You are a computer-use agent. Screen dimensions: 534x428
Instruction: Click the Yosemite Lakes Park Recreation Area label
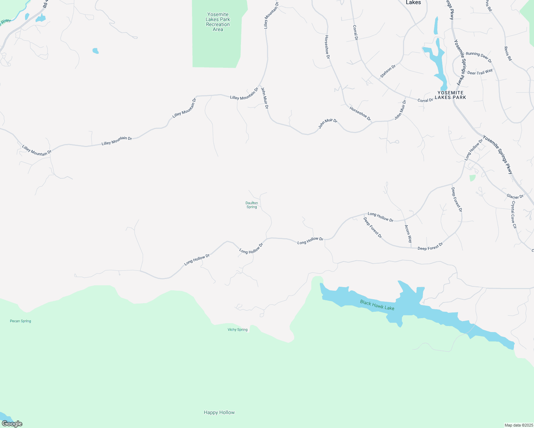218,22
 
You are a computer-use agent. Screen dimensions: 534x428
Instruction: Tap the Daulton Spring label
252,205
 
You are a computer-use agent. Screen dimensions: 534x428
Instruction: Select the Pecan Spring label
20,321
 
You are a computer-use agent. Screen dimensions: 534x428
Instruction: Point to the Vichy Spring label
237,330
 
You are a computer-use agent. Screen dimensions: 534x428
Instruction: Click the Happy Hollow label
219,412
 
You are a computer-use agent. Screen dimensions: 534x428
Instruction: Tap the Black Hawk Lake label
377,305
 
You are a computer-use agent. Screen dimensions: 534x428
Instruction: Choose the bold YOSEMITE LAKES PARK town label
450,95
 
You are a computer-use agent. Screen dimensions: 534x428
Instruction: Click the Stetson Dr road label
388,71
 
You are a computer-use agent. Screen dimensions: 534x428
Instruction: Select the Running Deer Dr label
479,57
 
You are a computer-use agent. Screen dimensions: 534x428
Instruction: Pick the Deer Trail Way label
480,72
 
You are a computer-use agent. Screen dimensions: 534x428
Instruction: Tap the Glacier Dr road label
515,196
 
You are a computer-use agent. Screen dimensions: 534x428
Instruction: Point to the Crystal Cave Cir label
514,215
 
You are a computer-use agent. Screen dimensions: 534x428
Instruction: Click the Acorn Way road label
408,234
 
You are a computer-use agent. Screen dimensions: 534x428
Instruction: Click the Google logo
12,424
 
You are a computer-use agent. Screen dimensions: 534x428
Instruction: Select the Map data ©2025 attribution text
518,425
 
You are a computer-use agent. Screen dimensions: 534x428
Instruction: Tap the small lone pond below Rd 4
95,51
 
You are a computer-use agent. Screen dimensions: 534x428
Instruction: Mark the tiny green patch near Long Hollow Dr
473,178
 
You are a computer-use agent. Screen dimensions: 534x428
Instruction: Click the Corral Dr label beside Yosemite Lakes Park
425,100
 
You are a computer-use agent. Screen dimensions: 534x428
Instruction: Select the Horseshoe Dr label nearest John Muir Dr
360,114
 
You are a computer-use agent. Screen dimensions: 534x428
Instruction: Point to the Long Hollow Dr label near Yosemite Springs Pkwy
473,149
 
